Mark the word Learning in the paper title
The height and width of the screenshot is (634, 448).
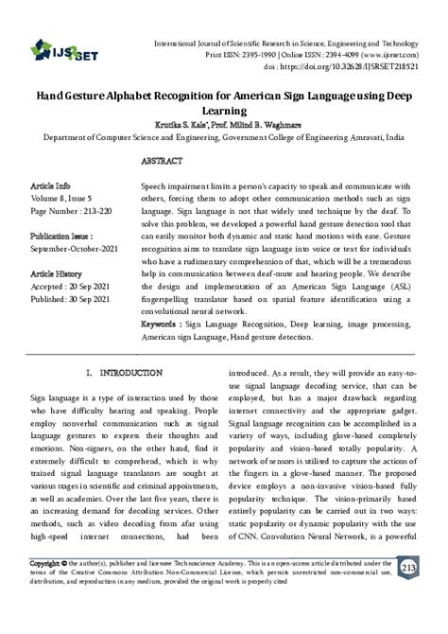[x=224, y=111]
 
